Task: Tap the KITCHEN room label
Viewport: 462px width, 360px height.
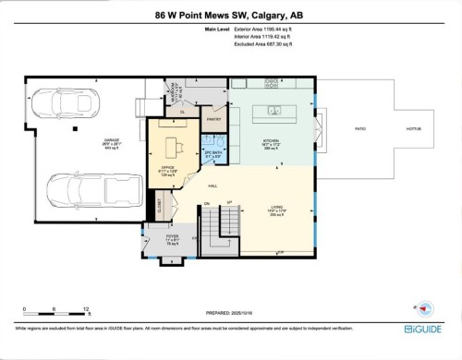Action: pyautogui.click(x=271, y=142)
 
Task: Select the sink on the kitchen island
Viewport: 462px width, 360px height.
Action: pyautogui.click(x=274, y=111)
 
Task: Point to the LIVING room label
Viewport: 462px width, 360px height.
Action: pyautogui.click(x=275, y=208)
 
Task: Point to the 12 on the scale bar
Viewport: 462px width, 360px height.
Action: pyautogui.click(x=86, y=309)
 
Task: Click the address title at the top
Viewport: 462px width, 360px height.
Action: pyautogui.click(x=231, y=15)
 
